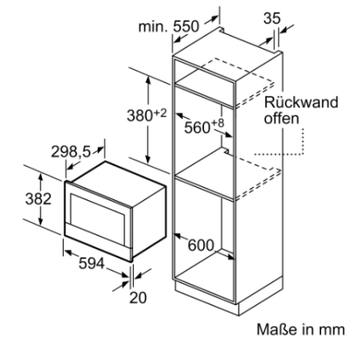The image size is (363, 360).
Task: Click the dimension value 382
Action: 38,199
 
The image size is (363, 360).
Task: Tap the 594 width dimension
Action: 91,263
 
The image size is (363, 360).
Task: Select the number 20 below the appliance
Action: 138,298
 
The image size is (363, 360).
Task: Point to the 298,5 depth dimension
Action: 71,152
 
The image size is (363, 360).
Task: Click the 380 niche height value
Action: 140,115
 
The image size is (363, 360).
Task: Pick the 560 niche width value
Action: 197,128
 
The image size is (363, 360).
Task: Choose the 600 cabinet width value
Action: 201,245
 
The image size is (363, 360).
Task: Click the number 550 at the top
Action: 186,27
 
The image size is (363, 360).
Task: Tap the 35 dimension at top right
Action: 272,19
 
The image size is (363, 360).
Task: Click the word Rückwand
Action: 301,103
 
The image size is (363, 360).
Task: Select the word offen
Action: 282,119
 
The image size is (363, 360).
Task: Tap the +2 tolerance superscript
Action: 161,113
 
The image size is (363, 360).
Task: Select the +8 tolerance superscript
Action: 218,123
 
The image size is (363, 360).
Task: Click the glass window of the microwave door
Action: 98,220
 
